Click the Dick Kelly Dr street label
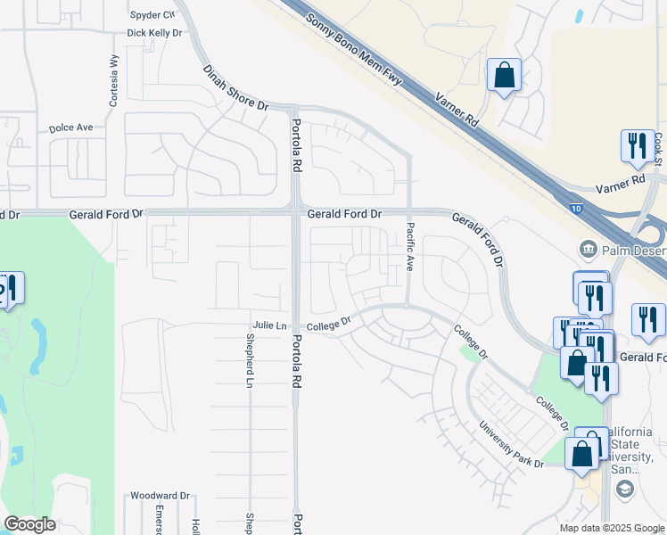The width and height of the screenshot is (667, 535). (154, 33)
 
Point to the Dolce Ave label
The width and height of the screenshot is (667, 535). (71, 128)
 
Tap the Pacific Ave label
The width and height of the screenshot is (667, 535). (410, 247)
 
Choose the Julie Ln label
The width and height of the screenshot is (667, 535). (270, 325)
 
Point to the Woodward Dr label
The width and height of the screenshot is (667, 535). (161, 496)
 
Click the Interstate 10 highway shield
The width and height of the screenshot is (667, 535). (575, 209)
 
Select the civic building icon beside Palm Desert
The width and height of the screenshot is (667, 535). (588, 247)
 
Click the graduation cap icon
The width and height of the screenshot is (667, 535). (624, 488)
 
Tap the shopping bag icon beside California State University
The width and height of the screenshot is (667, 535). (581, 453)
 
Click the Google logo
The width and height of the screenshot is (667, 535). (30, 524)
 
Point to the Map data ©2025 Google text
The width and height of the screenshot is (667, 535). (611, 528)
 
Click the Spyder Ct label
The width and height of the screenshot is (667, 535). (152, 15)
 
